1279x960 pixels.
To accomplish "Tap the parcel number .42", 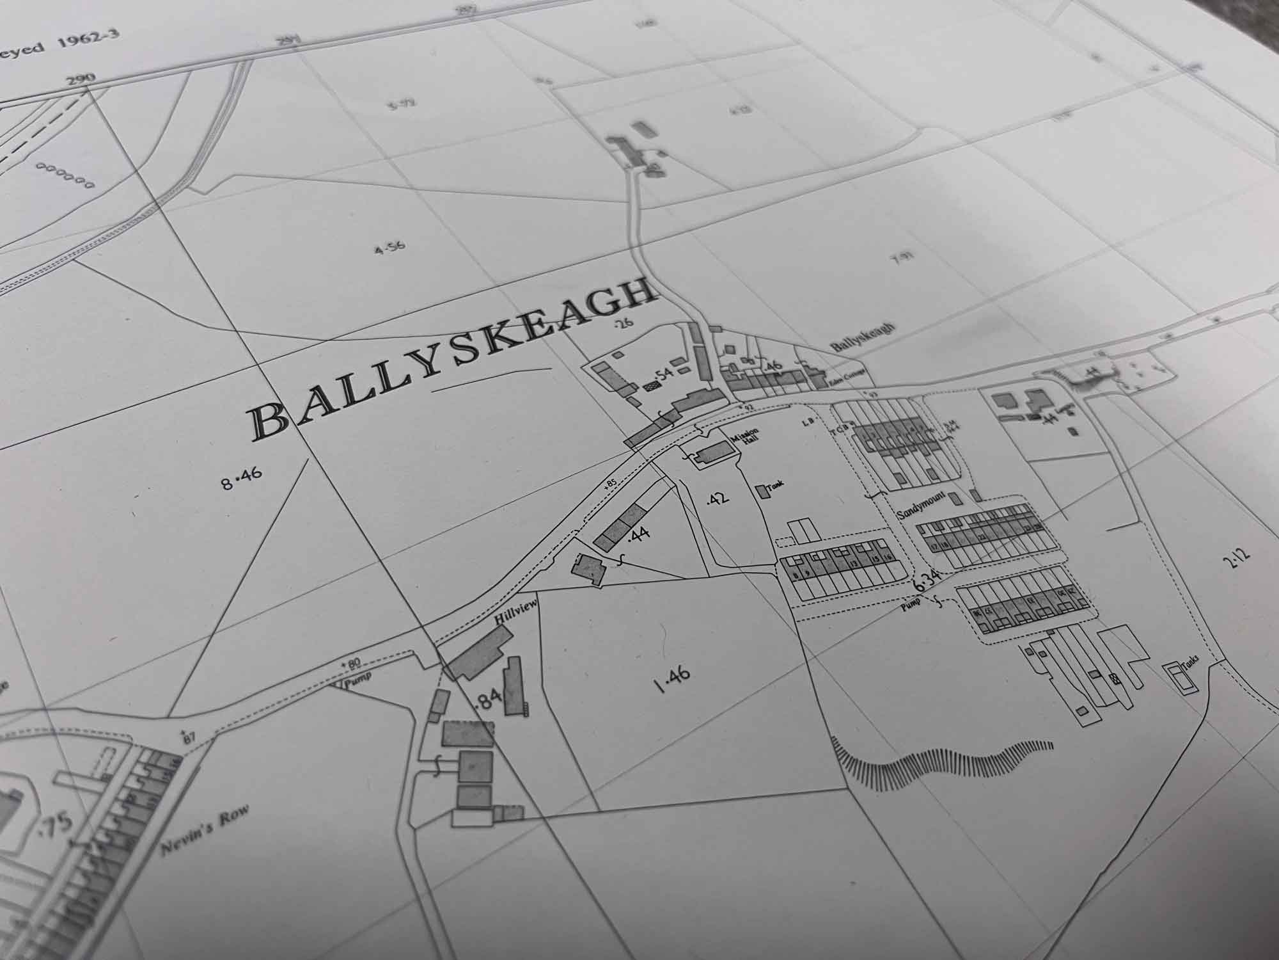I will click(x=718, y=498).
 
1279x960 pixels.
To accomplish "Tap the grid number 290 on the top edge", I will click(x=80, y=79).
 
